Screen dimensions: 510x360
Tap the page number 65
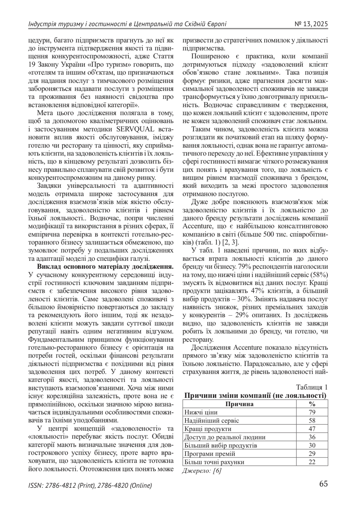(323, 484)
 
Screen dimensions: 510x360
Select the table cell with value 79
(312, 412)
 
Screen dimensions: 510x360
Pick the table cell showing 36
(312, 437)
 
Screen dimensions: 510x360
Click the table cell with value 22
(312, 462)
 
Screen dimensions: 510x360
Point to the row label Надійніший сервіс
(211, 420)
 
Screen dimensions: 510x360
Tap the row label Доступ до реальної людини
(225, 437)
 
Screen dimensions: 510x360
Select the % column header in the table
(312, 404)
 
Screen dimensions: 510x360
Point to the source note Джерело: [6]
(202, 470)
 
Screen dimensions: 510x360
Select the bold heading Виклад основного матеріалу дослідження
(105, 266)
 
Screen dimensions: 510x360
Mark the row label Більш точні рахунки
(214, 462)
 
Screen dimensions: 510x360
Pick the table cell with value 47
(312, 429)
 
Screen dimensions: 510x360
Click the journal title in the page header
(127, 24)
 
